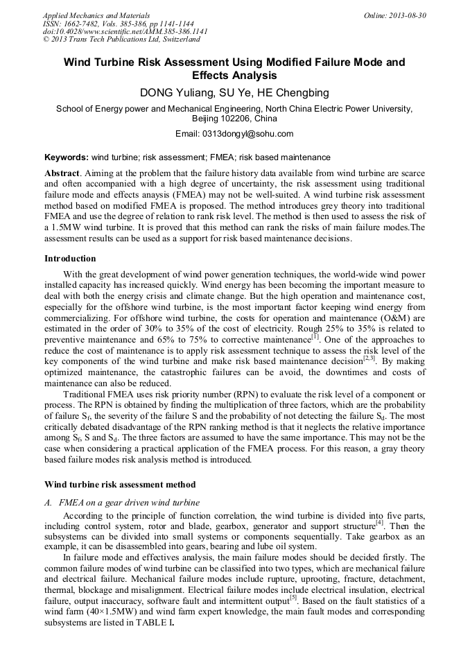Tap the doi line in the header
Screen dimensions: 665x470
125,31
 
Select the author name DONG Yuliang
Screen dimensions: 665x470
175,93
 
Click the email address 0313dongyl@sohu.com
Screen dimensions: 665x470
253,134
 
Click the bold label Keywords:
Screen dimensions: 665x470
67,157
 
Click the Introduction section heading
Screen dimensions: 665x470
70,259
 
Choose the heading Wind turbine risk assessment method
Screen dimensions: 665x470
120,484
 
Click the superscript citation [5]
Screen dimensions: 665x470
293,596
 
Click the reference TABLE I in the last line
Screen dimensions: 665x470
156,623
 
